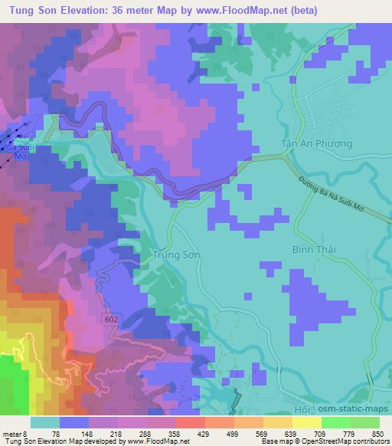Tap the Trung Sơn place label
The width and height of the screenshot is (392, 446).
[176, 257]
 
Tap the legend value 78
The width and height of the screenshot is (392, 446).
[54, 433]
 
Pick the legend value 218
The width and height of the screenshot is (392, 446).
[115, 433]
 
